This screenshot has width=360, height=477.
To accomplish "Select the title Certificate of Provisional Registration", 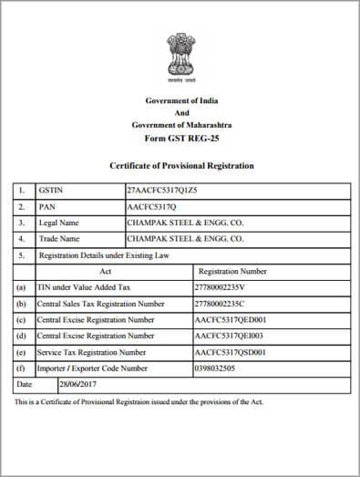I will click(x=181, y=165).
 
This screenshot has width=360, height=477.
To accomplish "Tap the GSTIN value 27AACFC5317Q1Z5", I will click(x=162, y=190).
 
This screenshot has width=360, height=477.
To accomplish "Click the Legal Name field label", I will click(x=59, y=223).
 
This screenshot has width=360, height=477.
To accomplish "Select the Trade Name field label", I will click(x=60, y=239).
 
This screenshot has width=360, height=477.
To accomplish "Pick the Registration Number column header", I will click(x=232, y=271).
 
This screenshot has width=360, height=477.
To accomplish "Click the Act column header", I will click(x=106, y=271).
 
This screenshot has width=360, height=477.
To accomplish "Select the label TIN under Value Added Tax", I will click(x=84, y=287).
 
